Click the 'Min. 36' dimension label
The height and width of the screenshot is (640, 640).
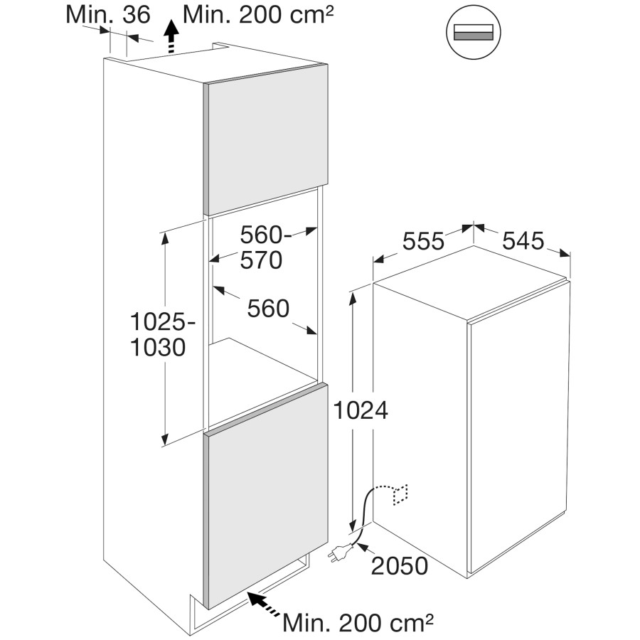point(108,15)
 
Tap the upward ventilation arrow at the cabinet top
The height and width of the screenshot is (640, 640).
point(172,37)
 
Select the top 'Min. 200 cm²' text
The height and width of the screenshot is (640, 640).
point(258,15)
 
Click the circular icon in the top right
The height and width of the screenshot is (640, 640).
point(474,33)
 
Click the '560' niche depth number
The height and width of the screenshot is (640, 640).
point(268,308)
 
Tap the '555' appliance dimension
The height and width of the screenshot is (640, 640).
point(423,241)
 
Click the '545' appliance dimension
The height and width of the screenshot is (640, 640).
point(523,240)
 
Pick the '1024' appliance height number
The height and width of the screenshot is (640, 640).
point(361,410)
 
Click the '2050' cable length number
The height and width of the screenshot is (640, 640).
point(399,566)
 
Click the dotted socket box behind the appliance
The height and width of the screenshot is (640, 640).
point(400,494)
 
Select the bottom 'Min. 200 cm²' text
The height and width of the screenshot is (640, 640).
point(358,622)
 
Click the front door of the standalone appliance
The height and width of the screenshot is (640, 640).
point(518,427)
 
